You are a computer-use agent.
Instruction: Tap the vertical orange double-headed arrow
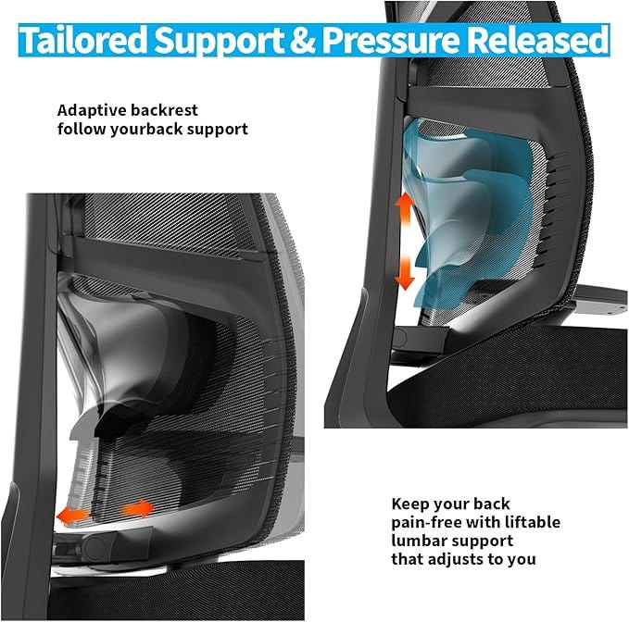pyautogui.click(x=405, y=242)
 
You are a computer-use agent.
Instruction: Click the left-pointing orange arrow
pyautogui.click(x=73, y=514)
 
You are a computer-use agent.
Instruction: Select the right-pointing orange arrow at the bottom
pyautogui.click(x=139, y=508)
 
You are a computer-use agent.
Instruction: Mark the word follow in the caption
pyautogui.click(x=82, y=130)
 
